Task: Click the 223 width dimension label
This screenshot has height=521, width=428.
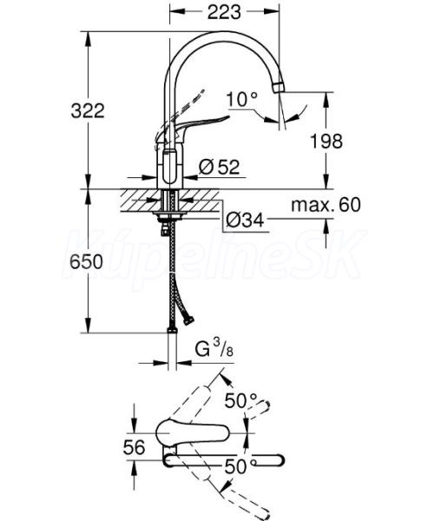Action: click(x=224, y=12)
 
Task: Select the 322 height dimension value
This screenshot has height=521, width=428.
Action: click(x=88, y=110)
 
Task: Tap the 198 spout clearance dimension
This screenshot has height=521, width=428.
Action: click(x=326, y=142)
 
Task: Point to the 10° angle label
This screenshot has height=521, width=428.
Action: click(x=241, y=99)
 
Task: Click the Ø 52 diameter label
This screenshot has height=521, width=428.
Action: click(x=219, y=167)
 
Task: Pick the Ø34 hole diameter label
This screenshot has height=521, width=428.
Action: click(x=245, y=220)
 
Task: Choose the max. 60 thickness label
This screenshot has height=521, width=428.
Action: click(x=326, y=205)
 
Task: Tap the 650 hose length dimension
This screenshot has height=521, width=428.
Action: click(x=86, y=262)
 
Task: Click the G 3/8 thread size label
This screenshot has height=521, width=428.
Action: click(x=214, y=350)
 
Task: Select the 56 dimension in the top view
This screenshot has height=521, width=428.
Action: click(x=134, y=447)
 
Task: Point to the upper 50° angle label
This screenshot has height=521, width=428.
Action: click(x=241, y=400)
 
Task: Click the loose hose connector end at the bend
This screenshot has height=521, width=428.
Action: click(x=188, y=320)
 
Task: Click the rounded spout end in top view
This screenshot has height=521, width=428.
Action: click(x=280, y=460)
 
